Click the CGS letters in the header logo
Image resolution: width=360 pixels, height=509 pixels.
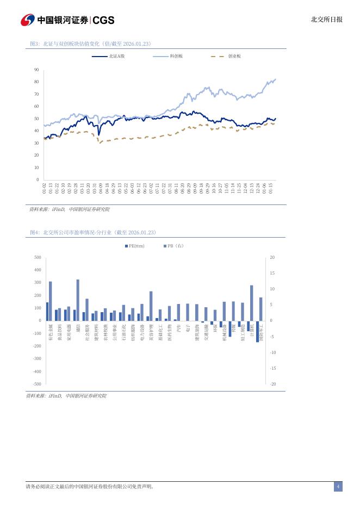click(x=103, y=20)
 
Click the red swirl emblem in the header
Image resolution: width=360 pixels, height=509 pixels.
click(x=28, y=20)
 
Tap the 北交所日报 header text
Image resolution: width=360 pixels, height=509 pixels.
click(x=326, y=20)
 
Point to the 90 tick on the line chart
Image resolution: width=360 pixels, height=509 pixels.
click(x=36, y=70)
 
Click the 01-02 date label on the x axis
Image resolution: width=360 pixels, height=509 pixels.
click(x=45, y=189)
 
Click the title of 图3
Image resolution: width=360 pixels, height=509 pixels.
click(x=90, y=44)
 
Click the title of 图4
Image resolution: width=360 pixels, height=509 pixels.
click(x=92, y=232)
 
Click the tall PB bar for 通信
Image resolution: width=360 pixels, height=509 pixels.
click(x=78, y=300)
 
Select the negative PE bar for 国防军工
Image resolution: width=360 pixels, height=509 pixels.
click(x=257, y=331)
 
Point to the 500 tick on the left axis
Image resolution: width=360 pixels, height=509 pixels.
click(x=37, y=257)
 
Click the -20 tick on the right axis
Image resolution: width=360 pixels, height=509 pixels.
click(x=272, y=384)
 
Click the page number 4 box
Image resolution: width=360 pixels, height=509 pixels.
click(x=338, y=486)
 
